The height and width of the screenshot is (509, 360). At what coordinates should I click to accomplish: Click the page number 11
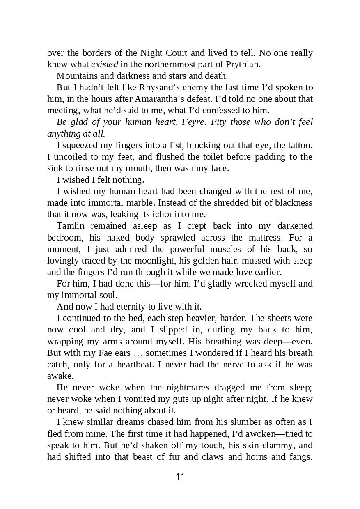click(180, 477)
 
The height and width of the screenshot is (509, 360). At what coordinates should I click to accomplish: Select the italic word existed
click(104, 64)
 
